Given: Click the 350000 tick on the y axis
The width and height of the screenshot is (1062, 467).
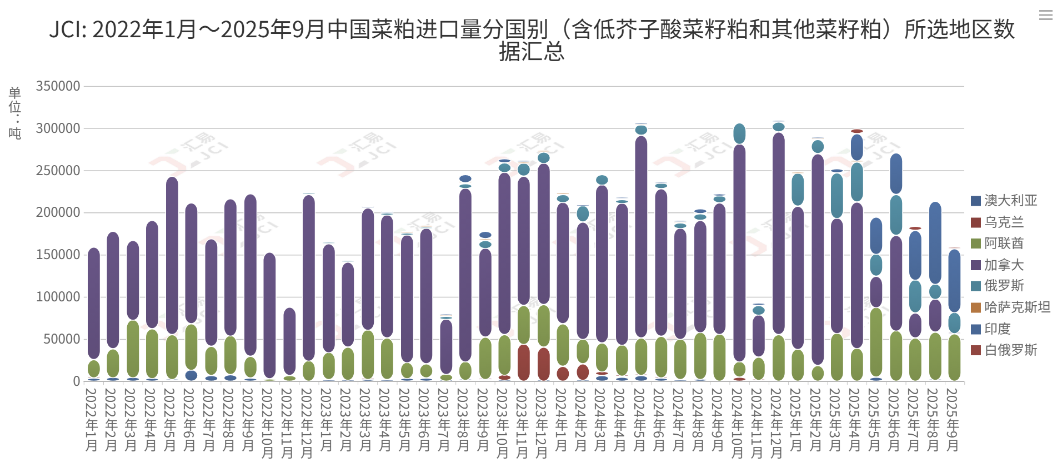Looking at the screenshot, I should (x=58, y=86).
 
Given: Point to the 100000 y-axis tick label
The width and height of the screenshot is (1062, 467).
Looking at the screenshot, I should (x=58, y=297).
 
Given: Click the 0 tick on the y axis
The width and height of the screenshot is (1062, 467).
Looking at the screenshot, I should (x=77, y=381).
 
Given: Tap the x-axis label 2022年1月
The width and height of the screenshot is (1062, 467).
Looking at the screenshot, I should (x=92, y=420).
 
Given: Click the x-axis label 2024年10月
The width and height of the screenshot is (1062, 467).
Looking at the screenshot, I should (x=738, y=423).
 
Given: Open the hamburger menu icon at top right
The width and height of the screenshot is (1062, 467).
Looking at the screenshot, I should (x=1045, y=16).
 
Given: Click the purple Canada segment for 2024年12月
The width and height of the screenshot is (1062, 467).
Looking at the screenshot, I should (x=778, y=233).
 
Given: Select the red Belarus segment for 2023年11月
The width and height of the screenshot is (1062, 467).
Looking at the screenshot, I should (x=523, y=362).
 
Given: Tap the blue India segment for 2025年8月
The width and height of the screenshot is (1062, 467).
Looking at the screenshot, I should (x=935, y=243).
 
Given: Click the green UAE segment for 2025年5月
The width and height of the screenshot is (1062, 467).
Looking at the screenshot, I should (x=876, y=342).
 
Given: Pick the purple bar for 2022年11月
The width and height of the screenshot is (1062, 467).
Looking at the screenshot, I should (x=289, y=341).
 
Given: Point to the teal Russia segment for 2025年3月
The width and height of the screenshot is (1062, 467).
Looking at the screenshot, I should (x=836, y=196).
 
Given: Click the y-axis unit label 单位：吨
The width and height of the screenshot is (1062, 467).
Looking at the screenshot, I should (x=15, y=113).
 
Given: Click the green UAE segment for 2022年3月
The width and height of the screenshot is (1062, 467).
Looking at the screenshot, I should (x=133, y=349).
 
